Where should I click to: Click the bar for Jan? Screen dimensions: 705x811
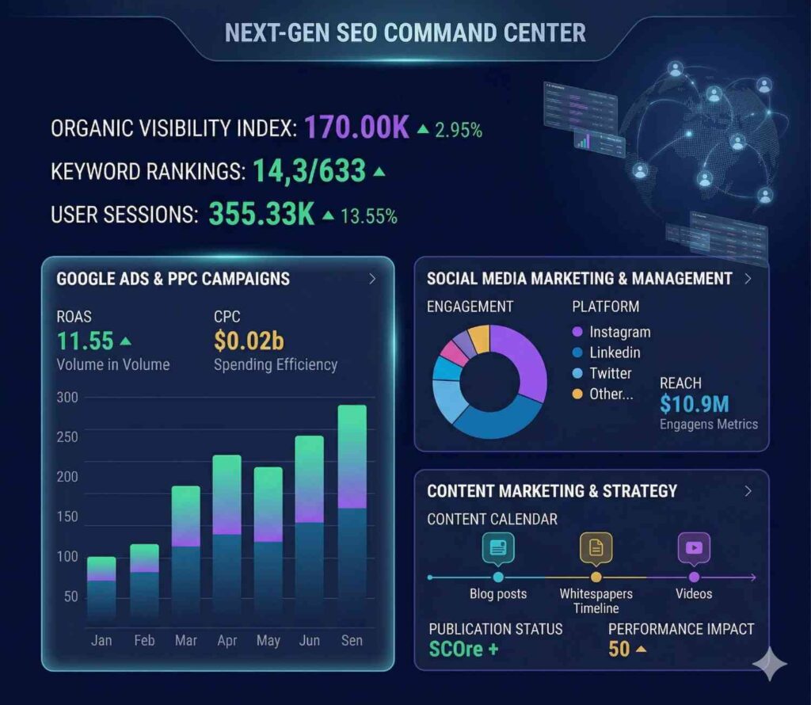[101, 588]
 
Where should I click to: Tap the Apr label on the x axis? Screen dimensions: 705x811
[227, 640]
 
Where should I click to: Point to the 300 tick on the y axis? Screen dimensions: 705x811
[68, 397]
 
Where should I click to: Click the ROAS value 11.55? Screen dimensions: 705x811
[85, 341]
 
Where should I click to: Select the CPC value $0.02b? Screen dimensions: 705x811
[249, 341]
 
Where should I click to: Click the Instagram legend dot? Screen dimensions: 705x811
[577, 332]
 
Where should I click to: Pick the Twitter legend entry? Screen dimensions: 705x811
[610, 373]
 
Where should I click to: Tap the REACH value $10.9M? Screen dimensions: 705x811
[694, 404]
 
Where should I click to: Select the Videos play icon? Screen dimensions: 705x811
[694, 547]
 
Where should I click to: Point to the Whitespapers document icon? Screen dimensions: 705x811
[596, 547]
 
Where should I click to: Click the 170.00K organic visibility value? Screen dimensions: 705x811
[356, 128]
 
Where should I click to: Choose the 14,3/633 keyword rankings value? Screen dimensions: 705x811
[309, 170]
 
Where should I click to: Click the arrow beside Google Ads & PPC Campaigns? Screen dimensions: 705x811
[372, 279]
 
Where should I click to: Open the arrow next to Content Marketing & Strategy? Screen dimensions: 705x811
[748, 491]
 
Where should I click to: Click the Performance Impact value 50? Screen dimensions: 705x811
[619, 650]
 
